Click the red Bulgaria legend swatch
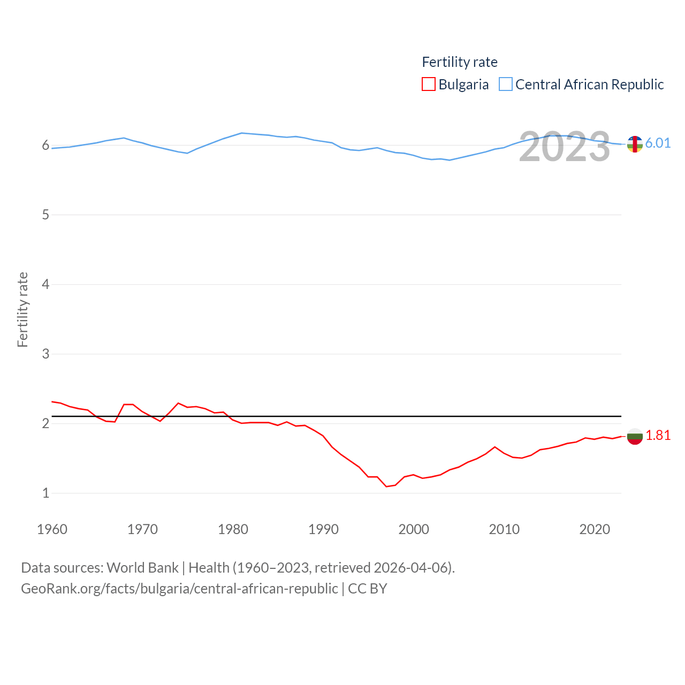429,85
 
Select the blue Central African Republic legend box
506,85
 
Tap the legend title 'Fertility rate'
460,62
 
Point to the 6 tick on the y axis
45,146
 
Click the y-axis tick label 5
45,215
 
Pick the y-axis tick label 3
45,354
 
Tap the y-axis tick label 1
45,493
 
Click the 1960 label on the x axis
52,529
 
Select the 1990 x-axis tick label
323,529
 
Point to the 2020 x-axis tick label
595,529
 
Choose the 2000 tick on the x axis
414,529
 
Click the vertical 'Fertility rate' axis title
22,310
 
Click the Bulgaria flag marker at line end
635,437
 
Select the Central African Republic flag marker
635,144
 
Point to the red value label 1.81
658,436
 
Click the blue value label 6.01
658,143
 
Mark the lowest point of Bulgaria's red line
386,486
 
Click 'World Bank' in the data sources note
142,568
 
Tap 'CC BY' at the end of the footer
367,589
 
